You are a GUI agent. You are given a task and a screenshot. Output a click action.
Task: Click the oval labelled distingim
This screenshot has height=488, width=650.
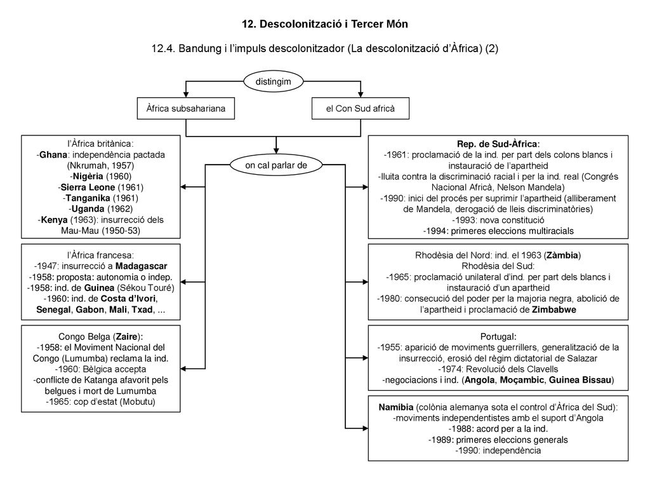pyautogui.click(x=273, y=81)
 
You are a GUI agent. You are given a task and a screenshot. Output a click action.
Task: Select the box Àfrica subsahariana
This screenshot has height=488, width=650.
pyautogui.click(x=186, y=108)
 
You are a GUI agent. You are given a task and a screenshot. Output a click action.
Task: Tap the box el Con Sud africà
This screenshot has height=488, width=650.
pyautogui.click(x=361, y=108)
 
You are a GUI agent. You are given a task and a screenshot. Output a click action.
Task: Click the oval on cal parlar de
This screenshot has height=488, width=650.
pyautogui.click(x=276, y=165)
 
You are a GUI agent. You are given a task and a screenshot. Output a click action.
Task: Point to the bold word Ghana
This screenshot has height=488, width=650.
pyautogui.click(x=53, y=155)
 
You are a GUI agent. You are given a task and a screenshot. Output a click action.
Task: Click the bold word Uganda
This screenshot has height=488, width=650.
pyautogui.click(x=88, y=208)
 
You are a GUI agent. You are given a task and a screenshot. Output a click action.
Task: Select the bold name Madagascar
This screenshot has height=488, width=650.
pyautogui.click(x=142, y=266)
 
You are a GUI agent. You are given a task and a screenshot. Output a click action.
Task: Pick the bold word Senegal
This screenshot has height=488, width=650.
pyautogui.click(x=53, y=309)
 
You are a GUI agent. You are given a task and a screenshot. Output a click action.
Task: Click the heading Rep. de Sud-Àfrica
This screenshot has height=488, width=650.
pyautogui.click(x=498, y=144)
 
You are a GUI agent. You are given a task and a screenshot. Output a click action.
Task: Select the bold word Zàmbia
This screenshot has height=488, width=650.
pyautogui.click(x=562, y=255)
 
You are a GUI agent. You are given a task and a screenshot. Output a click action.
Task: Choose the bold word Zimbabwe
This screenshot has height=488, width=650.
pyautogui.click(x=554, y=309)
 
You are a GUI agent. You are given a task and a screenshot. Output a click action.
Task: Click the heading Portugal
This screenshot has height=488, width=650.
pyautogui.click(x=498, y=337)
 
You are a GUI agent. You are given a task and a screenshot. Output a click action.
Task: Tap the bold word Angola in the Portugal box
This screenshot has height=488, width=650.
pyautogui.click(x=480, y=380)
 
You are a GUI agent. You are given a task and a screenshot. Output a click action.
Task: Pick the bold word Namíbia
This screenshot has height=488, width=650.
pyautogui.click(x=396, y=407)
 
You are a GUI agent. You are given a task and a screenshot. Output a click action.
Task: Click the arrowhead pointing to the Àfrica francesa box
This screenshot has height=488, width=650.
pyautogui.click(x=183, y=282)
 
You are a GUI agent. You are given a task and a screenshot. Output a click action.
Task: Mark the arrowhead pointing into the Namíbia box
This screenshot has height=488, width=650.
pyautogui.click(x=365, y=428)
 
